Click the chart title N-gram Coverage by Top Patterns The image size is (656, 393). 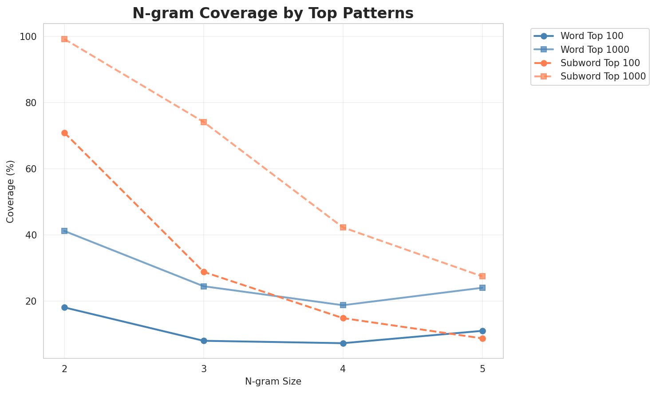pos(273,13)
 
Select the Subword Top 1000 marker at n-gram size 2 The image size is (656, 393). pos(64,39)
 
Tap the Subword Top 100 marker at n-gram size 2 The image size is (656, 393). pos(64,133)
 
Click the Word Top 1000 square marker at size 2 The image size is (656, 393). pos(64,231)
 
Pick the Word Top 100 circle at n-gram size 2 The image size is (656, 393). pos(64,307)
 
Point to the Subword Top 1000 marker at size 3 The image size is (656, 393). pos(204,122)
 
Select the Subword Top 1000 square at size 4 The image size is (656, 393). pos(343,227)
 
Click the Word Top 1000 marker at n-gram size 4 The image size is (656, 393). pos(343,305)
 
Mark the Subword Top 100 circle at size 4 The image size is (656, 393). pos(343,318)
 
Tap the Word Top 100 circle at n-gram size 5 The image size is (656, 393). pos(482,331)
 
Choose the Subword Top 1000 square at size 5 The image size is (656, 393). pos(482,276)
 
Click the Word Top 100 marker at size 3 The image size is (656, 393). pos(204,341)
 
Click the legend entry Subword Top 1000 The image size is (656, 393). pos(603,76)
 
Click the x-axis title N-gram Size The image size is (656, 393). pos(273,381)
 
